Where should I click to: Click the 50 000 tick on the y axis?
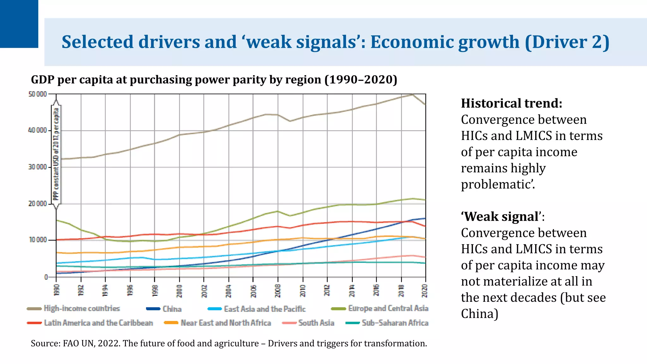pyautogui.click(x=38, y=94)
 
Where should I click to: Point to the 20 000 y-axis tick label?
pyautogui.click(x=38, y=204)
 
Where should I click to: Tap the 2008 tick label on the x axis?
pyautogui.click(x=278, y=290)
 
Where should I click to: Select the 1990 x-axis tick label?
pyautogui.click(x=57, y=290)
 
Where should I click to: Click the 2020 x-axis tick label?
pyautogui.click(x=425, y=290)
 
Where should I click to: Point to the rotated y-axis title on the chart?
pyautogui.click(x=56, y=154)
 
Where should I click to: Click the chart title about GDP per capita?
pyautogui.click(x=214, y=80)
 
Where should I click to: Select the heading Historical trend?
pyautogui.click(x=511, y=103)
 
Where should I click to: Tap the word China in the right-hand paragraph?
pyautogui.click(x=479, y=314)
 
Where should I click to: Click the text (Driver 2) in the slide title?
pyautogui.click(x=567, y=42)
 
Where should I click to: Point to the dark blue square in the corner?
pyautogui.click(x=19, y=24)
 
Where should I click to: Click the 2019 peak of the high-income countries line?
pyautogui.click(x=412, y=94)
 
